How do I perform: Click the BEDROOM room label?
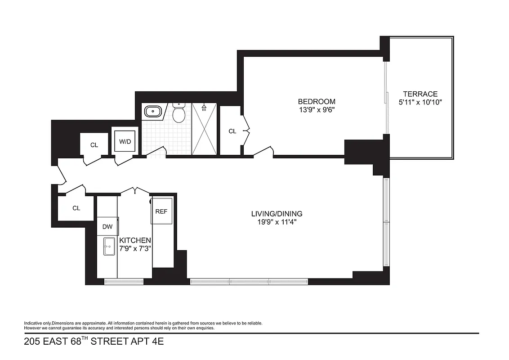[317, 102]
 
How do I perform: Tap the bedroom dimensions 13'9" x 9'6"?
[317, 109]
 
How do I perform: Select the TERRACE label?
[420, 94]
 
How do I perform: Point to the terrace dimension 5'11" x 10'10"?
[420, 102]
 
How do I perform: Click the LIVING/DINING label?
[277, 214]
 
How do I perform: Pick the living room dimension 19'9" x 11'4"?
[277, 221]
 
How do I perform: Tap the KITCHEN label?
[135, 241]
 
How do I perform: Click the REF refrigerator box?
[161, 211]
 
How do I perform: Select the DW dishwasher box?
[107, 227]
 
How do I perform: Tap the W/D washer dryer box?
[125, 142]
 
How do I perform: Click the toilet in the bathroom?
[179, 113]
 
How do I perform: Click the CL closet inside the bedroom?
[232, 131]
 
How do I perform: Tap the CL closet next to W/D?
[94, 145]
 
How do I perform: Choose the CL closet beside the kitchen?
[76, 208]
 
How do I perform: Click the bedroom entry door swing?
[264, 152]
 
